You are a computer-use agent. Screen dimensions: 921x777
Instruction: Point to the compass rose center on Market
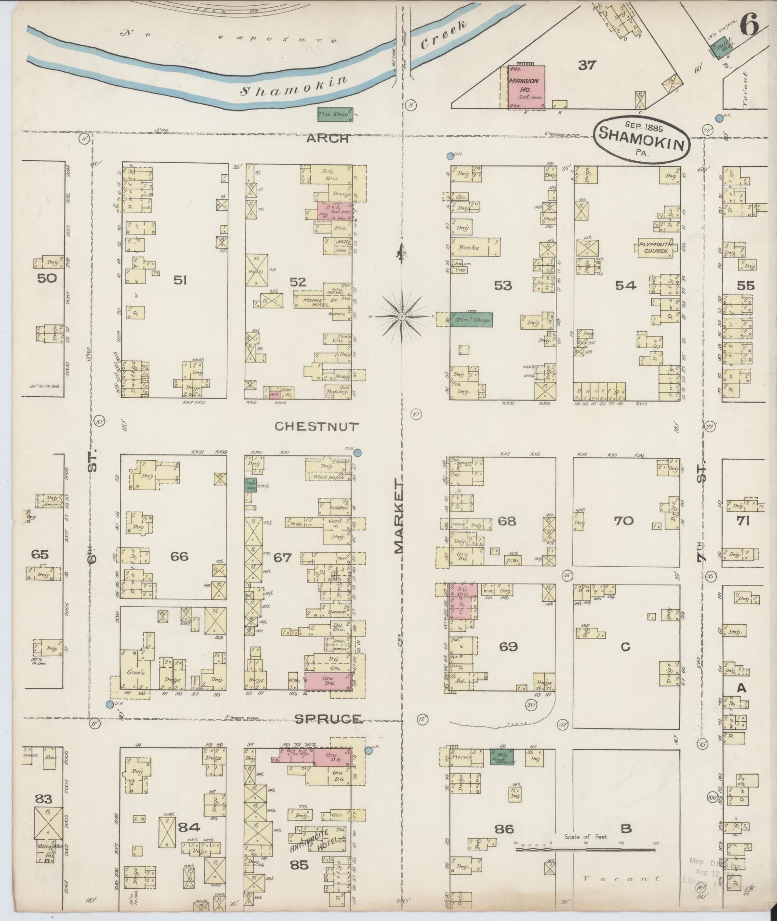click(x=401, y=316)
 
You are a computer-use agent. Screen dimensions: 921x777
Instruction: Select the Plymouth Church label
click(x=656, y=247)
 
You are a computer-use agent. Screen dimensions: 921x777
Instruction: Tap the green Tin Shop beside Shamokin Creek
click(x=335, y=114)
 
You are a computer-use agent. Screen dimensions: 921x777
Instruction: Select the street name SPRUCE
click(x=328, y=718)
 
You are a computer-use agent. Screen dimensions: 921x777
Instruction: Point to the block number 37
click(x=587, y=65)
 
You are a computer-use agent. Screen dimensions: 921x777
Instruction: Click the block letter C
click(x=625, y=647)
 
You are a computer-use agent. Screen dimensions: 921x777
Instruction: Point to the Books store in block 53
click(x=470, y=247)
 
